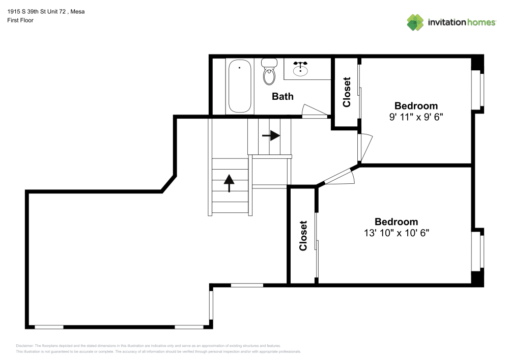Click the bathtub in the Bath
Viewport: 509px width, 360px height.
pyautogui.click(x=240, y=86)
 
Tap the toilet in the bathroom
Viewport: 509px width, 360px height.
pyautogui.click(x=269, y=72)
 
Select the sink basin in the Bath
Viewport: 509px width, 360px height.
pyautogui.click(x=300, y=69)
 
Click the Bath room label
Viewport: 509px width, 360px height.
pyautogui.click(x=282, y=96)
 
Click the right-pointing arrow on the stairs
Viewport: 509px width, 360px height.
pyautogui.click(x=271, y=135)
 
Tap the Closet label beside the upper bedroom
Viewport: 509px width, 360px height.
pyautogui.click(x=347, y=92)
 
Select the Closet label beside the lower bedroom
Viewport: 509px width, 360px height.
pyautogui.click(x=303, y=236)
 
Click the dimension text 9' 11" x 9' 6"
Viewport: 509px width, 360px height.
pyautogui.click(x=416, y=117)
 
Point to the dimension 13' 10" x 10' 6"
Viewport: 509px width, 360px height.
pyautogui.click(x=397, y=233)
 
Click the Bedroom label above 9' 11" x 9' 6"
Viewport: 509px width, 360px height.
pyautogui.click(x=416, y=106)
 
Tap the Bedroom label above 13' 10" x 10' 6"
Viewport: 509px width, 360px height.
pyautogui.click(x=397, y=221)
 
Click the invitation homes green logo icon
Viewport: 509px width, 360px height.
pyautogui.click(x=415, y=22)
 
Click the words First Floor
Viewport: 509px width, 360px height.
pyautogui.click(x=20, y=20)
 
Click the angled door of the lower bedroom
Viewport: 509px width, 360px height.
pyautogui.click(x=339, y=177)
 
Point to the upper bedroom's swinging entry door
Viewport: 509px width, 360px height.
pyautogui.click(x=365, y=147)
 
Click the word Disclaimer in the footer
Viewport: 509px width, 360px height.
pyautogui.click(x=24, y=346)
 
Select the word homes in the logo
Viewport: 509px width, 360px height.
pyautogui.click(x=481, y=22)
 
